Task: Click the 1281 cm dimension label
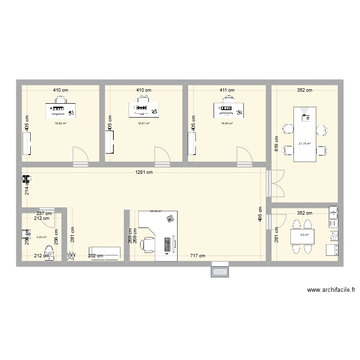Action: pos(144,173)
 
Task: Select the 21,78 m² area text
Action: pos(305,143)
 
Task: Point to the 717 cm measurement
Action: pos(197,256)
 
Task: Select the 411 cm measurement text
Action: pos(227,90)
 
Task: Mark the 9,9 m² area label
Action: pos(304,235)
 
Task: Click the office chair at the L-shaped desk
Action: pos(147,245)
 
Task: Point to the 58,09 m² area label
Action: pos(156,211)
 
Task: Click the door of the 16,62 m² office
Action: pos(80,157)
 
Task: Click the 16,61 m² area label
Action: pos(144,123)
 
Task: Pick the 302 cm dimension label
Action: pos(96,256)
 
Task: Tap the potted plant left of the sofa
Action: pos(72,256)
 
